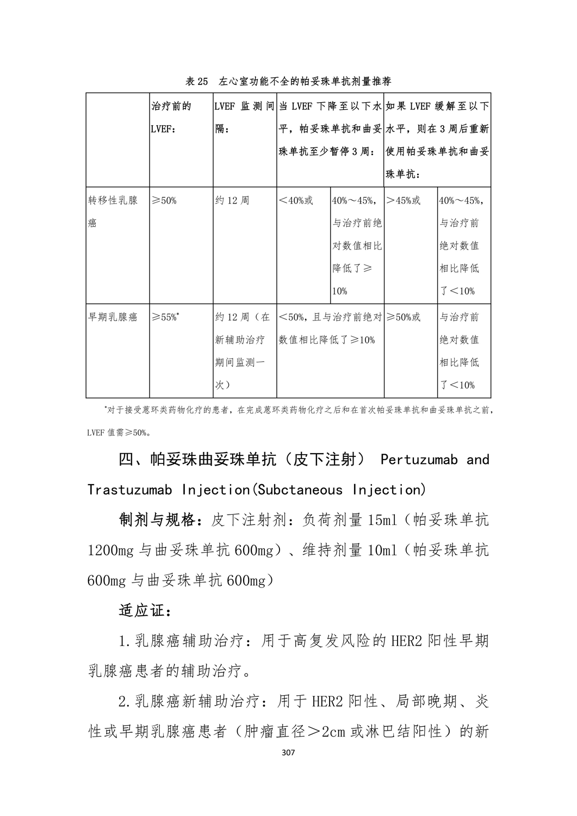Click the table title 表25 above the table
click(x=197, y=82)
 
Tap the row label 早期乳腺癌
click(x=113, y=317)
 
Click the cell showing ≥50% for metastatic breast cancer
click(x=164, y=200)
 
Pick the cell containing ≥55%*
click(x=166, y=317)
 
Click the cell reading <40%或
click(x=296, y=200)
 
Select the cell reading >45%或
click(x=404, y=200)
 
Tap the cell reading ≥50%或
click(x=404, y=317)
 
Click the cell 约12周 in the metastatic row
click(x=233, y=200)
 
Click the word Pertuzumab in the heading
click(x=419, y=460)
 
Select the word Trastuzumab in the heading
click(x=129, y=490)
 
